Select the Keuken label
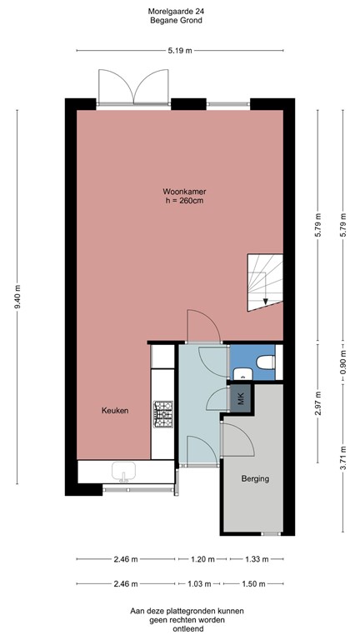115,411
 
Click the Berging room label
254,479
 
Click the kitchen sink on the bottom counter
123,472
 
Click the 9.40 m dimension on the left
18,296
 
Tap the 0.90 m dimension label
342,364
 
